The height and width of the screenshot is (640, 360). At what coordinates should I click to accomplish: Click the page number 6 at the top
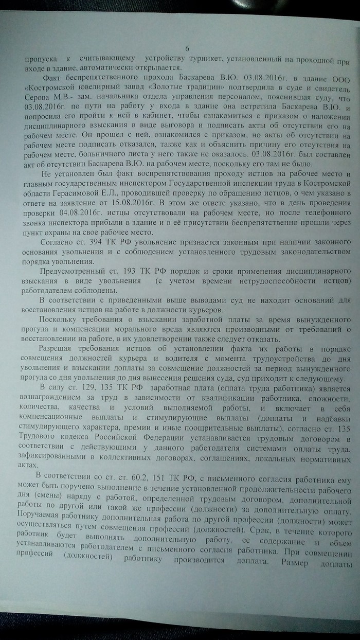tap(187, 47)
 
